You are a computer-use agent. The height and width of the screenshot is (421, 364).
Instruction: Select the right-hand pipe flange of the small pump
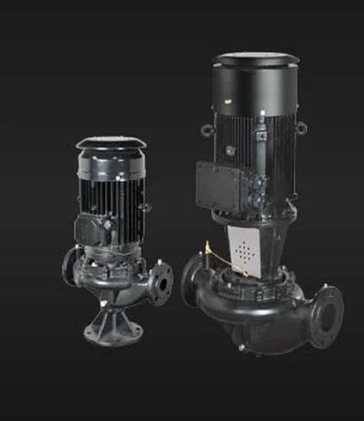(x=160, y=285)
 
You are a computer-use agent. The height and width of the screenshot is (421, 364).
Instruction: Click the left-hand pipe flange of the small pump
(x=70, y=268)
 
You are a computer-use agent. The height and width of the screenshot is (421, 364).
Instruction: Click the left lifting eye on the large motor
(x=206, y=131)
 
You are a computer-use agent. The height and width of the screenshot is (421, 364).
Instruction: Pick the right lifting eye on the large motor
(x=301, y=127)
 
